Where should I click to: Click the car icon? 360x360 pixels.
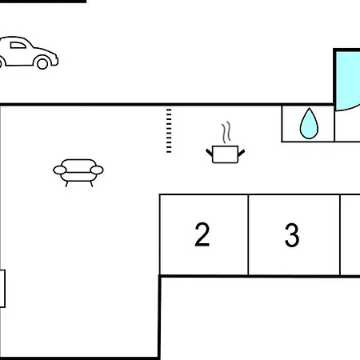pyautogui.click(x=28, y=53)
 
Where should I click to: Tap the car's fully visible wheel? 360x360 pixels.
pyautogui.click(x=42, y=63)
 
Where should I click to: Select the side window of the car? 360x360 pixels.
pyautogui.click(x=18, y=45)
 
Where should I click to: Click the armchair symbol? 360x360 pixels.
pyautogui.click(x=78, y=173)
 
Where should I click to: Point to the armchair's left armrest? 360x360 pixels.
pyautogui.click(x=60, y=170)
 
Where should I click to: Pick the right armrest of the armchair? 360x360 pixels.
pyautogui.click(x=97, y=170)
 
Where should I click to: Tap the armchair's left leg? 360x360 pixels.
pyautogui.click(x=66, y=184)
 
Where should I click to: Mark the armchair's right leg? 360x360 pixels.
pyautogui.click(x=91, y=184)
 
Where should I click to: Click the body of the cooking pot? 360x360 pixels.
pyautogui.click(x=225, y=154)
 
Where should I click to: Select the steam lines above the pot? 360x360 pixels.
pyautogui.click(x=226, y=133)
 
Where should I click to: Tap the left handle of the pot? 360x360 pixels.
pyautogui.click(x=209, y=153)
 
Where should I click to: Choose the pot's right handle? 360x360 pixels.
pyautogui.click(x=242, y=153)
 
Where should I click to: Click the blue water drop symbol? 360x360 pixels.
pyautogui.click(x=309, y=123)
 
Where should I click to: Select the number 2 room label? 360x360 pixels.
pyautogui.click(x=202, y=234)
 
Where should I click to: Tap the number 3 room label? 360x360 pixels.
pyautogui.click(x=292, y=235)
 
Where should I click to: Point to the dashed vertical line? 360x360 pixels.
pyautogui.click(x=169, y=130)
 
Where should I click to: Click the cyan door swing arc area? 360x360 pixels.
pyautogui.click(x=348, y=81)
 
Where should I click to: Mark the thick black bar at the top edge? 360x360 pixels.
pyautogui.click(x=43, y=2)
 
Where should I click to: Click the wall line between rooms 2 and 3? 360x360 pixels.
pyautogui.click(x=248, y=234)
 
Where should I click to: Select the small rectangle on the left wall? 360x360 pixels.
pyautogui.click(x=2, y=289)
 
